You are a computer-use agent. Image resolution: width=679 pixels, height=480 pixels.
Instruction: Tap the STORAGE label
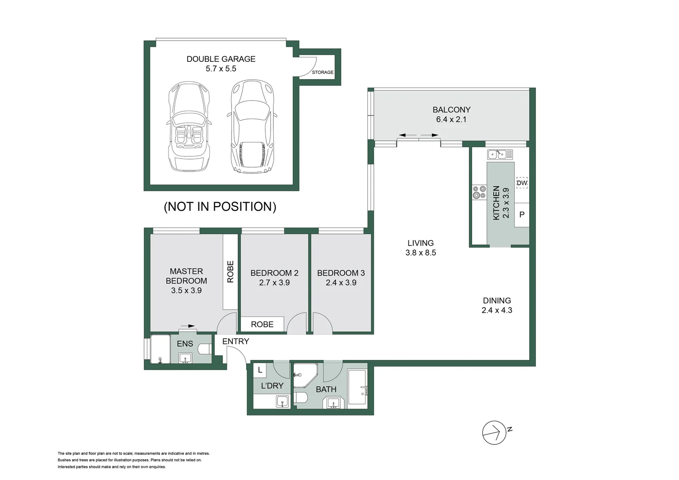(323, 72)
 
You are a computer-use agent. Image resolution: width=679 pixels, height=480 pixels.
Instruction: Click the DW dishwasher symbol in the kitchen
(522, 183)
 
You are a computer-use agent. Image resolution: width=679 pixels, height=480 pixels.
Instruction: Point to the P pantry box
(522, 215)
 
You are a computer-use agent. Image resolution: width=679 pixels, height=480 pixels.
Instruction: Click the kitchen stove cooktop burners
(479, 192)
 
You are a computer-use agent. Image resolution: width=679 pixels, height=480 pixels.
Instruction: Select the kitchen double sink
(500, 154)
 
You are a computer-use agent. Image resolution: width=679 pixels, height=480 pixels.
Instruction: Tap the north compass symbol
(495, 432)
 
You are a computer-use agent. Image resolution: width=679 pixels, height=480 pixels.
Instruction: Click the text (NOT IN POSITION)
(220, 207)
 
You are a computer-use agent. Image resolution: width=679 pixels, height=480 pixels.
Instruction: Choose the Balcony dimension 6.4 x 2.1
(451, 120)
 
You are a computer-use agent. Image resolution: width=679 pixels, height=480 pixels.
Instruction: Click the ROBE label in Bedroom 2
(262, 324)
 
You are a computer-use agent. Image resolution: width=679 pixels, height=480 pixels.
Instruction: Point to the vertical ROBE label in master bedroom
(230, 272)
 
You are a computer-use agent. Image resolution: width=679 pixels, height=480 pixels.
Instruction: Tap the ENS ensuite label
(185, 344)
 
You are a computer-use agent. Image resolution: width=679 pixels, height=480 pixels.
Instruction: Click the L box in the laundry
(260, 370)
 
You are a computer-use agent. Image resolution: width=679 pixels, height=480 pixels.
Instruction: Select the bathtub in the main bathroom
(357, 387)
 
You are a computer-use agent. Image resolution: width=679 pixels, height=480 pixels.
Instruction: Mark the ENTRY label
(236, 341)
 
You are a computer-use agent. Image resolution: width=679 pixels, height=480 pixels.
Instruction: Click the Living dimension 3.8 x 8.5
(420, 253)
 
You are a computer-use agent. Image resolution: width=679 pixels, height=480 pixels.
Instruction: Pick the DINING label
(497, 300)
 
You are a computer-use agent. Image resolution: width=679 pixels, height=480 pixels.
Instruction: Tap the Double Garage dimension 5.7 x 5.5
(221, 69)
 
